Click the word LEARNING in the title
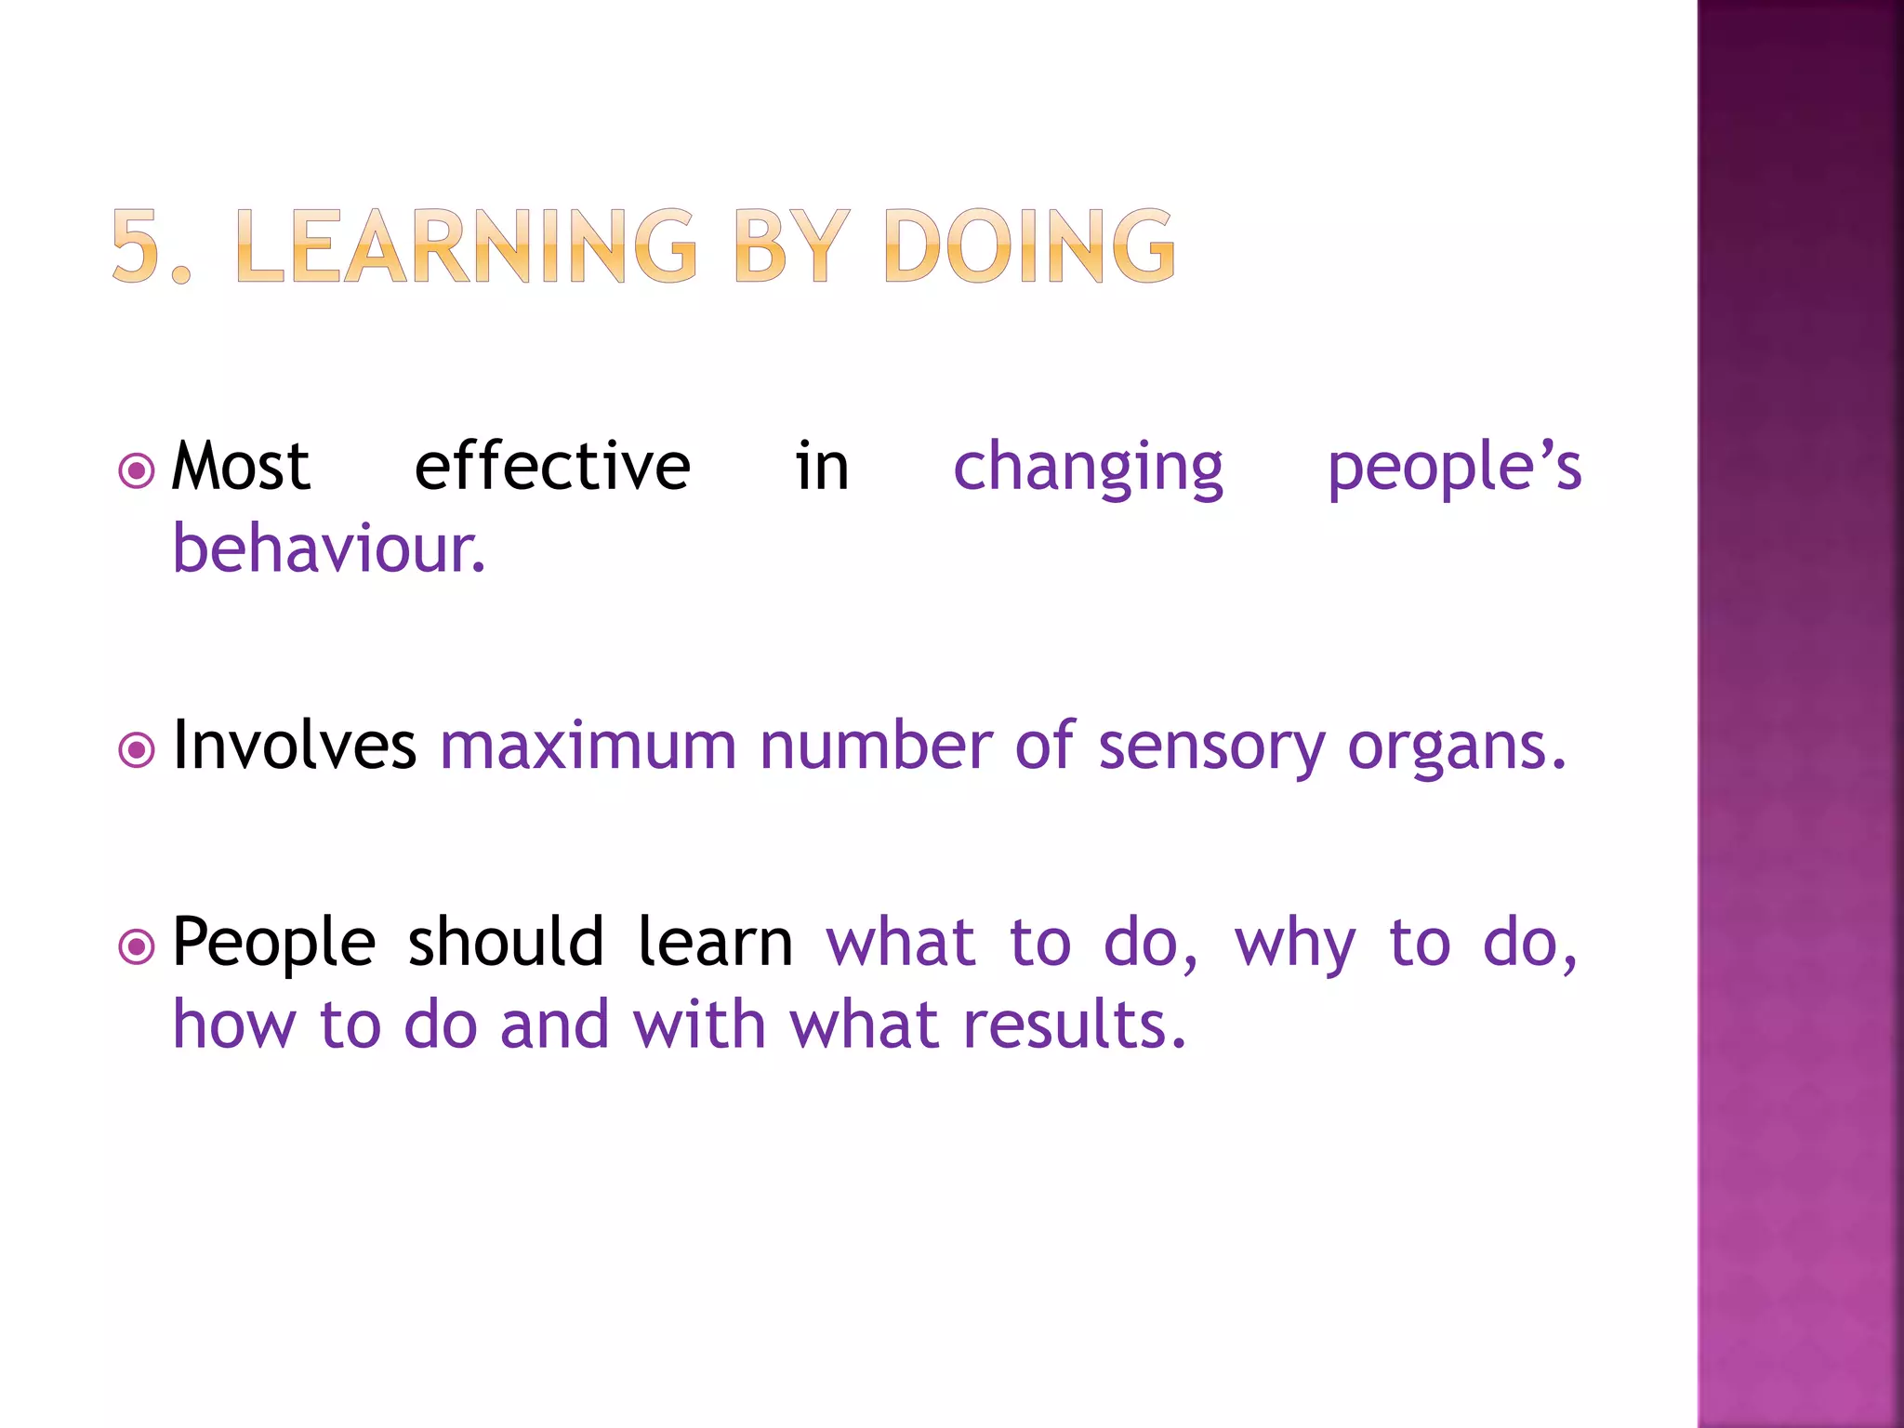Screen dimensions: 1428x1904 pyautogui.click(x=466, y=245)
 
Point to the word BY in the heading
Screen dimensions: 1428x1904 pyautogui.click(x=791, y=245)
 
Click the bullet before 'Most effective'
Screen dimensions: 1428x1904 pyautogui.click(x=137, y=470)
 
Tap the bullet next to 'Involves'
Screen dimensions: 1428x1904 pyautogui.click(x=137, y=749)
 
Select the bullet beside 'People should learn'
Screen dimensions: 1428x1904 pyautogui.click(x=137, y=947)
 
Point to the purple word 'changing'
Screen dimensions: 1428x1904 pyautogui.click(x=1088, y=468)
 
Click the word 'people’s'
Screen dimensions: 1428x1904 pyautogui.click(x=1454, y=468)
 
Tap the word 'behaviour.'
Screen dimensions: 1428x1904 pyautogui.click(x=329, y=549)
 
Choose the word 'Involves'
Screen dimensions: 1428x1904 pyautogui.click(x=294, y=746)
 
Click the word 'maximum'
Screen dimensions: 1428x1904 pyautogui.click(x=588, y=746)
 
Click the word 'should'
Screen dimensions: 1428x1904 pyautogui.click(x=506, y=943)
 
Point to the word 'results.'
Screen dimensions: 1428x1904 pyautogui.click(x=1075, y=1025)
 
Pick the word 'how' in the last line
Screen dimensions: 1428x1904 pyautogui.click(x=234, y=1025)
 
